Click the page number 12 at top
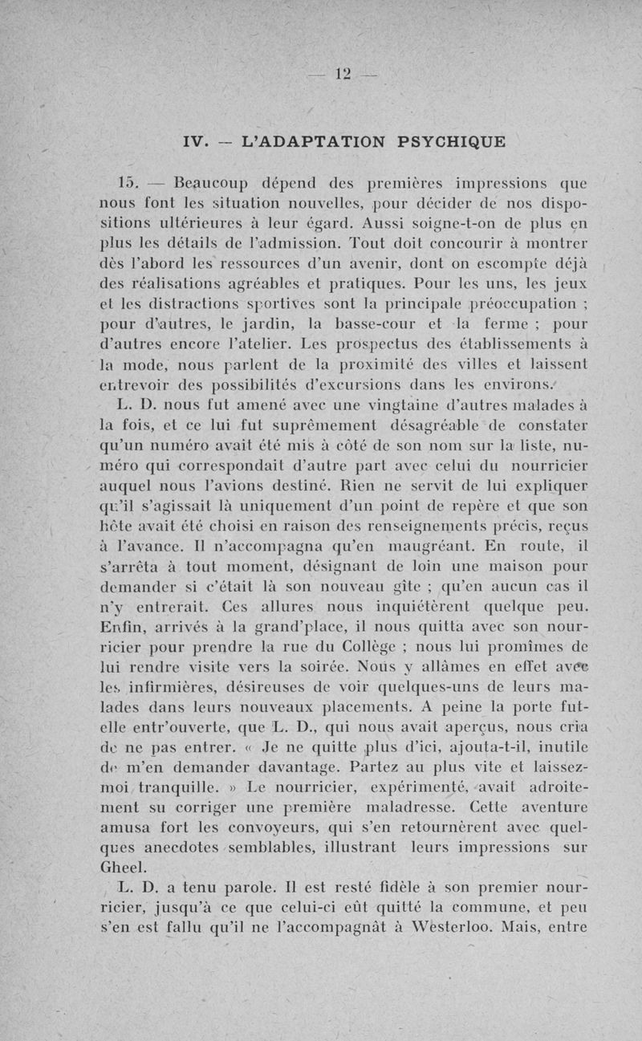coord(345,74)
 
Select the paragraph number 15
coord(128,180)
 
